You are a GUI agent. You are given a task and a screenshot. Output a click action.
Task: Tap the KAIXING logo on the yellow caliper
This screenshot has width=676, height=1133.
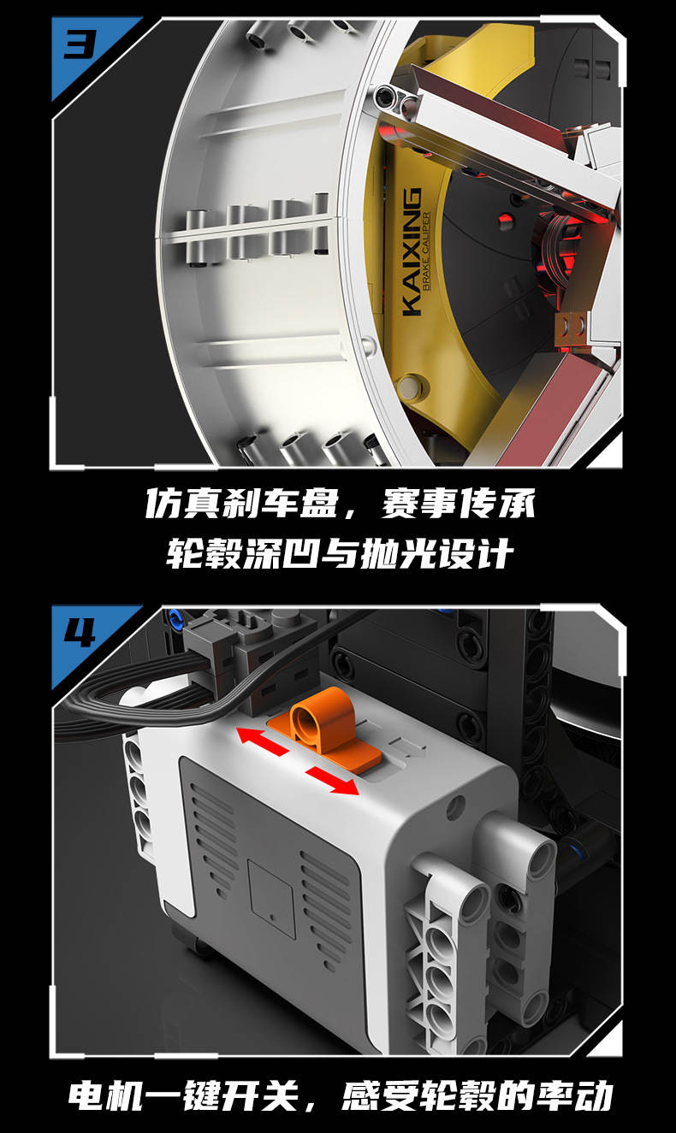coord(412,251)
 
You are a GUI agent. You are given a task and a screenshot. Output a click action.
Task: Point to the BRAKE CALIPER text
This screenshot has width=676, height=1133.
coord(426,251)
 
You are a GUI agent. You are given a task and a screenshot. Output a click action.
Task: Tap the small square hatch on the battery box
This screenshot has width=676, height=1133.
coord(271,894)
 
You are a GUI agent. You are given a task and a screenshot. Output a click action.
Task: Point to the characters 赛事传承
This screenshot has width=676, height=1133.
coord(459,504)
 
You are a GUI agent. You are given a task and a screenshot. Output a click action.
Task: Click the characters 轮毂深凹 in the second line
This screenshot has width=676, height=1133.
coord(243,553)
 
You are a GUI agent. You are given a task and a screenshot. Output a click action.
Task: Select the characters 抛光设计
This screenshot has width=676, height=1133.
coord(437,553)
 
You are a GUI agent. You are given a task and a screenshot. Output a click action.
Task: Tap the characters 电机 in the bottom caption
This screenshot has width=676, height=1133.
coord(105,1096)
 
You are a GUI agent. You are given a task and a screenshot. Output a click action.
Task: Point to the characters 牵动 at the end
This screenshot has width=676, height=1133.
coord(575,1096)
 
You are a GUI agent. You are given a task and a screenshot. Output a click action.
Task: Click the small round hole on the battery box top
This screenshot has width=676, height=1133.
coord(456,803)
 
